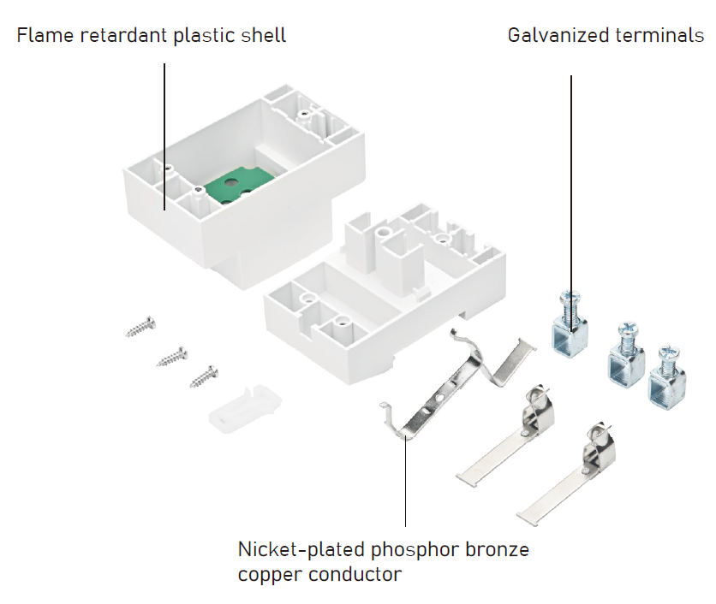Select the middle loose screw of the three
tap(172, 355)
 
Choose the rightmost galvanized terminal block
tap(665, 371)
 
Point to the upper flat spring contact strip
tap(505, 436)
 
